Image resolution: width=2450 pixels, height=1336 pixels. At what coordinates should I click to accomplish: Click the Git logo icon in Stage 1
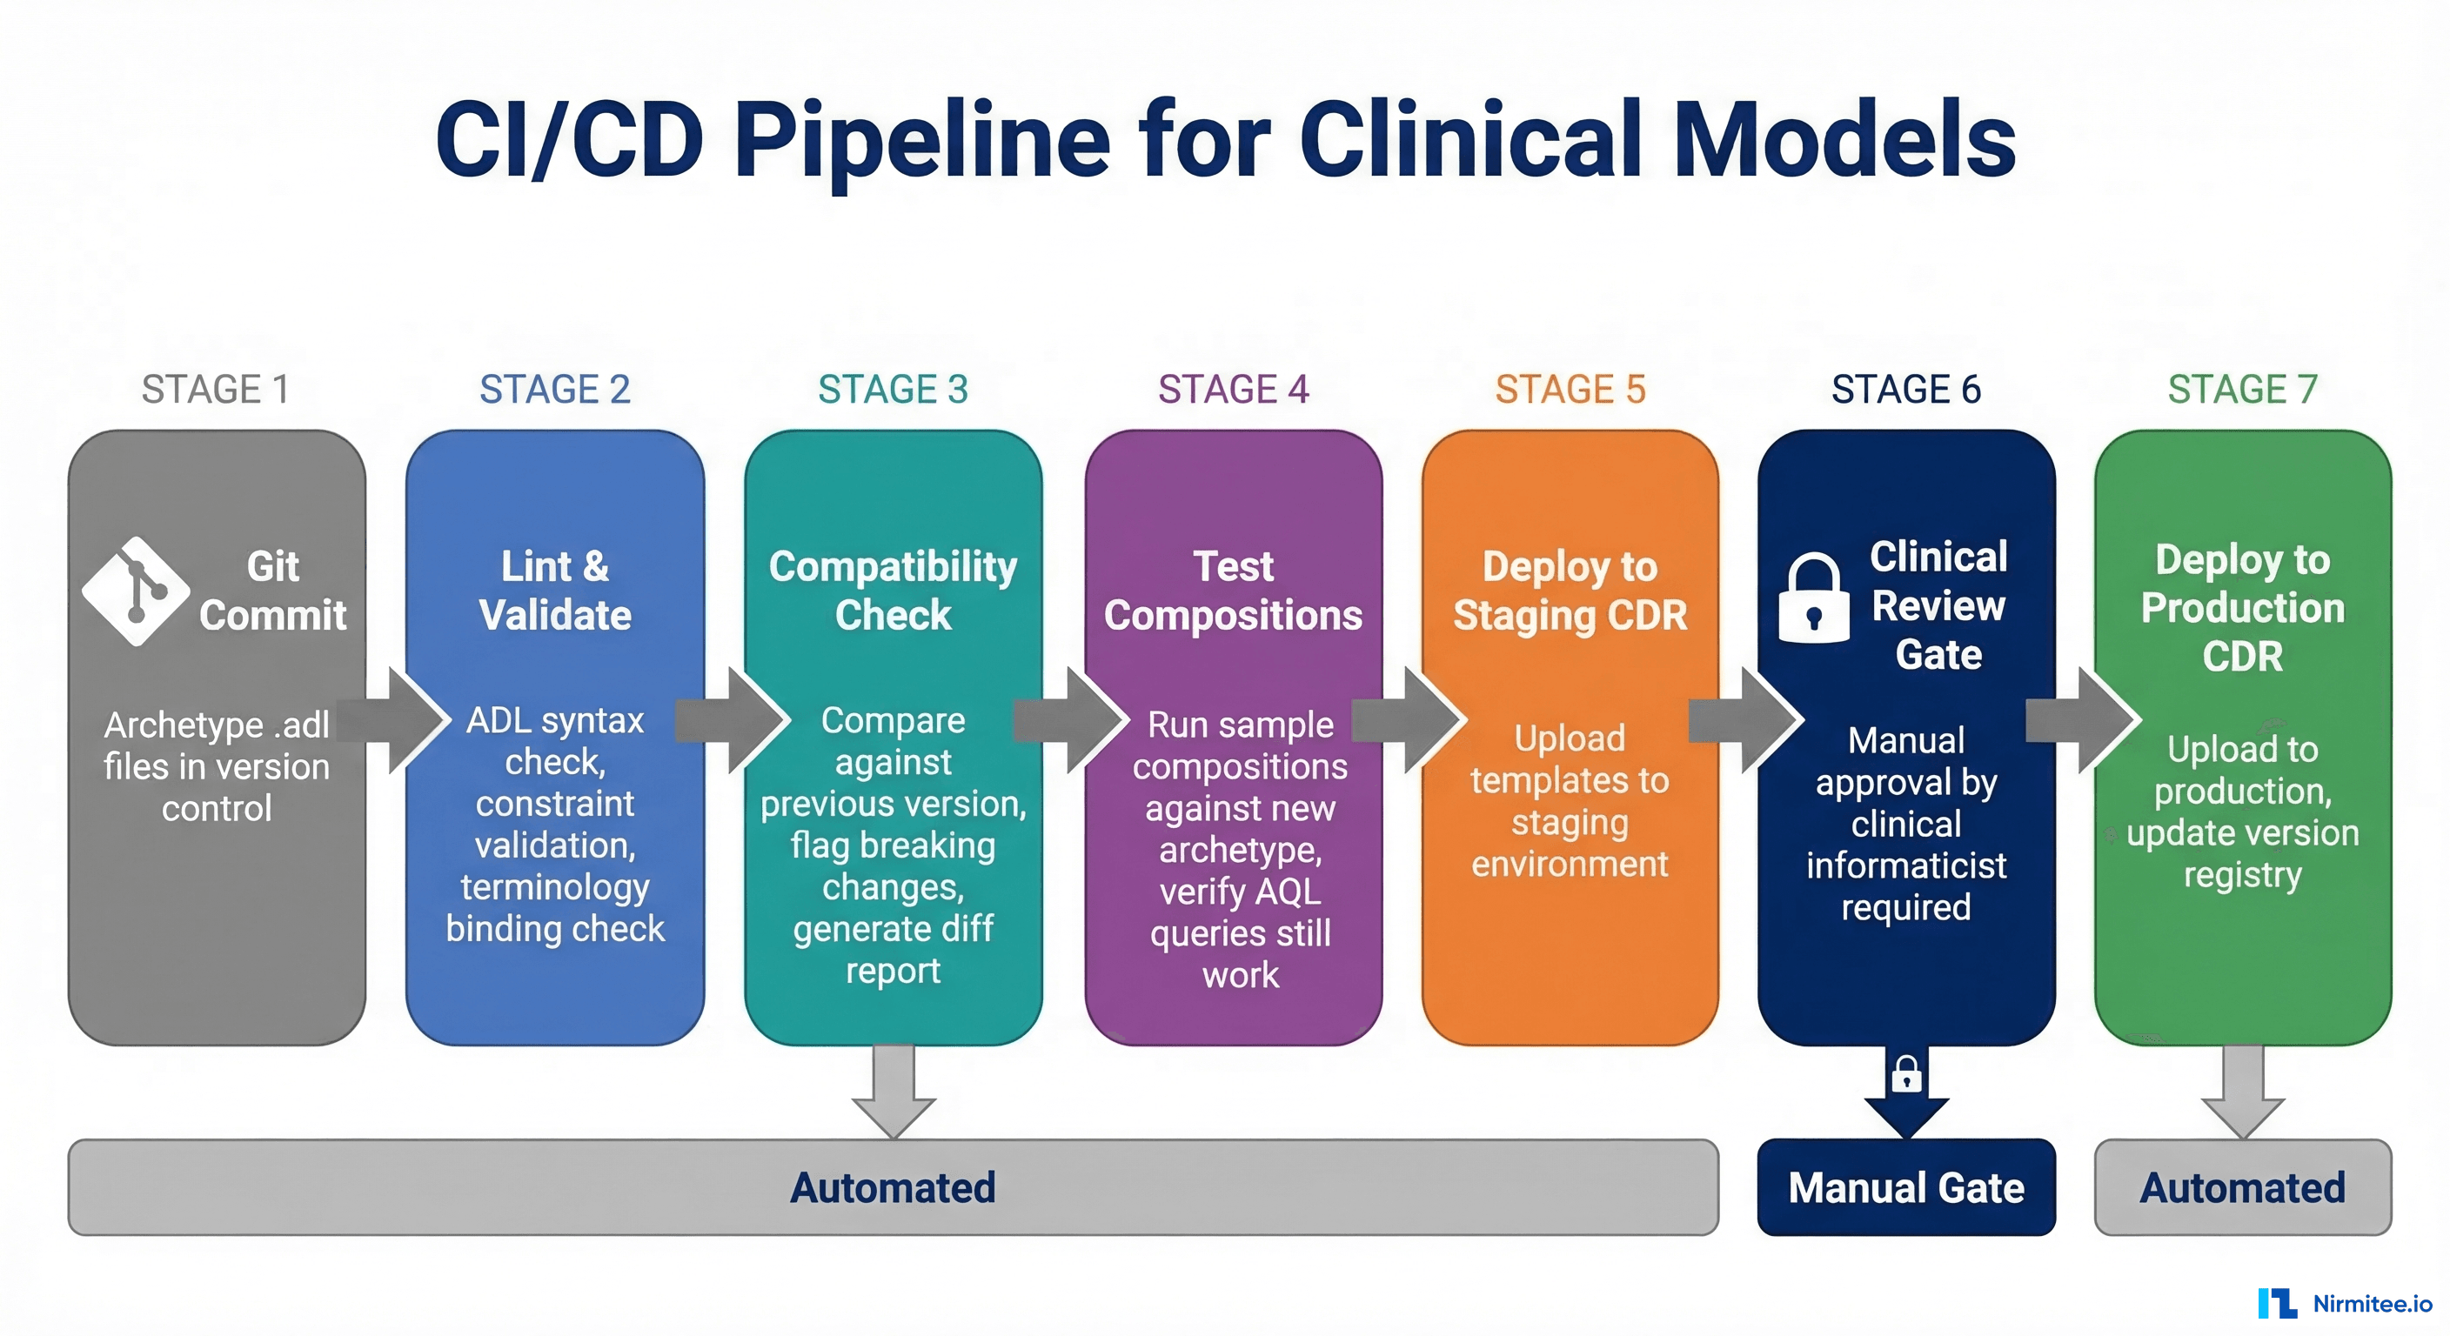[136, 591]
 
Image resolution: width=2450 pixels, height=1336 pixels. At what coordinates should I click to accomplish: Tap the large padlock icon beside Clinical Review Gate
[1813, 599]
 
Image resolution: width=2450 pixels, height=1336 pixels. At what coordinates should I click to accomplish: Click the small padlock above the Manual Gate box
[1906, 1074]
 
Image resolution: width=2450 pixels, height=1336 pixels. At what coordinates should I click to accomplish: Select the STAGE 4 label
[1233, 390]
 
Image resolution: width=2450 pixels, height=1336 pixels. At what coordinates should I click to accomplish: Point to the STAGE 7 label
[2242, 390]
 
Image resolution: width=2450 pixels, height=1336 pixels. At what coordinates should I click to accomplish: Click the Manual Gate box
[1906, 1187]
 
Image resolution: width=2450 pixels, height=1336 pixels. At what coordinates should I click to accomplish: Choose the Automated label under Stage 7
[2242, 1187]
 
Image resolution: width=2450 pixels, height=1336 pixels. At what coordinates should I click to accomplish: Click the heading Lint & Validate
[554, 591]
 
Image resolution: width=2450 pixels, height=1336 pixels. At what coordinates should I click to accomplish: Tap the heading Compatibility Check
[892, 591]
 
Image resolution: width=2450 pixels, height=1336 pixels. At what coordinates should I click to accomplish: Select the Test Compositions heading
[1233, 591]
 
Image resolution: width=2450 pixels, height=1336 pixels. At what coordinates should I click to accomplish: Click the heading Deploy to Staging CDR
[1570, 591]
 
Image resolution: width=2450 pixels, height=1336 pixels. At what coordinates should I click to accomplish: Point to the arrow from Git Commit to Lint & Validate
[399, 721]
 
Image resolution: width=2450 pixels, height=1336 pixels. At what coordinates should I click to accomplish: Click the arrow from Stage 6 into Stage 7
[2085, 721]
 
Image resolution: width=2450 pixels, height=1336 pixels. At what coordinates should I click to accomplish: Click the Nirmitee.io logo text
[2371, 1304]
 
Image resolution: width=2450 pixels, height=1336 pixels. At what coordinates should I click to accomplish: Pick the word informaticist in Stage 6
[1906, 866]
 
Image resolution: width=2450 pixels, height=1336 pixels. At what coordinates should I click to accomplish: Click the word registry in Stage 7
[2242, 875]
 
